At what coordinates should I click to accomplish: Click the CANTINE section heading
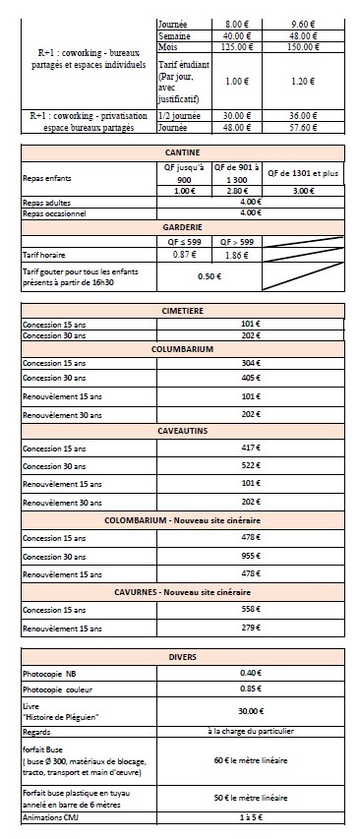point(181,152)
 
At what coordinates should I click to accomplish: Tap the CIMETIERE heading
point(181,310)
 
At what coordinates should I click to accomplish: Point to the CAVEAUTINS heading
point(181,430)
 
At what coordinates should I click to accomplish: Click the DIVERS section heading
point(181,657)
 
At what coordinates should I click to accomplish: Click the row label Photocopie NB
point(49,673)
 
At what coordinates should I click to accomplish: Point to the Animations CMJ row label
point(51,815)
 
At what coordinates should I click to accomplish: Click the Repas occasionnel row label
point(53,212)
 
